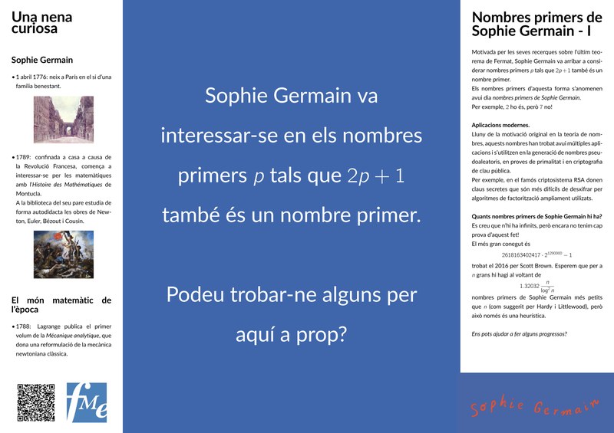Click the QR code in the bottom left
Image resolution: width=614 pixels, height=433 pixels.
coord(36,402)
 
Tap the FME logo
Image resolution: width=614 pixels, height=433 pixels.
coord(87,402)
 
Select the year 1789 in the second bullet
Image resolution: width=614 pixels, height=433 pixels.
coord(26,156)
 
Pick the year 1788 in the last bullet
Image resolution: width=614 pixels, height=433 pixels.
coord(26,326)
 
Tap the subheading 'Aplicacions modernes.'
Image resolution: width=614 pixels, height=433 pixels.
coord(500,123)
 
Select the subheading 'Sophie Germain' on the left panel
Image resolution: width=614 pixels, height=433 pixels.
coord(42,60)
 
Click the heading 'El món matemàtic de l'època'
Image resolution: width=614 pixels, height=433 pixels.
coord(61,305)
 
